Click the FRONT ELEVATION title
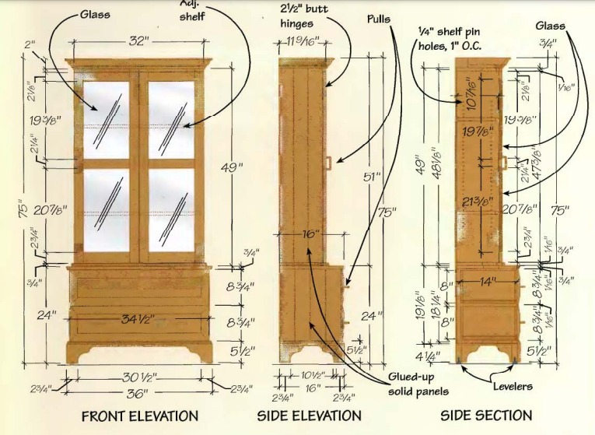pos(139,416)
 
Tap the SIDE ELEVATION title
pos(309,416)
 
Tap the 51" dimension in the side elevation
pos(372,177)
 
